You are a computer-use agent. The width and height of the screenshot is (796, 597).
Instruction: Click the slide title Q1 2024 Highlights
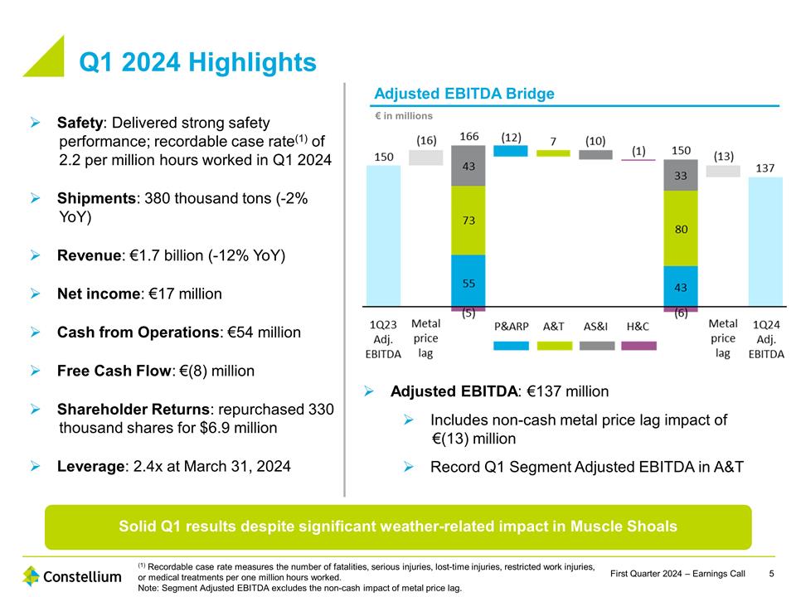pyautogui.click(x=197, y=62)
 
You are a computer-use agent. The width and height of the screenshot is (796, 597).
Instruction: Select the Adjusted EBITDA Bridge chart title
pyautogui.click(x=464, y=94)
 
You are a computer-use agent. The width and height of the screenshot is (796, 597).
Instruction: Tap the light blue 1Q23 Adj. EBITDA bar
pyautogui.click(x=383, y=235)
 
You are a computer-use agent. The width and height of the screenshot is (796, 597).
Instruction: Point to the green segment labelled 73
pyautogui.click(x=468, y=220)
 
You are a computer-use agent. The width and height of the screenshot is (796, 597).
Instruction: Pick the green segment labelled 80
pyautogui.click(x=681, y=228)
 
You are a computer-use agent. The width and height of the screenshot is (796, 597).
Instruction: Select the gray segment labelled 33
pyautogui.click(x=681, y=175)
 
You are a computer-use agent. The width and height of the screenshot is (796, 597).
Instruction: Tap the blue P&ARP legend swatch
pyautogui.click(x=510, y=345)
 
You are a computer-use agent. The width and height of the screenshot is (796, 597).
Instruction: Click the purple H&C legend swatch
pyautogui.click(x=638, y=345)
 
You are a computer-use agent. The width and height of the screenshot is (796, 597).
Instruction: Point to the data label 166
pyautogui.click(x=468, y=135)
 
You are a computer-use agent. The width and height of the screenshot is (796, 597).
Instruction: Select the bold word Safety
pyautogui.click(x=80, y=123)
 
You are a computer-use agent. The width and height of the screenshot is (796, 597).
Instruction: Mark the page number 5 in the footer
pyautogui.click(x=771, y=575)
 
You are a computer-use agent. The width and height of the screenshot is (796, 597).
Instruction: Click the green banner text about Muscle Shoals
pyautogui.click(x=398, y=527)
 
